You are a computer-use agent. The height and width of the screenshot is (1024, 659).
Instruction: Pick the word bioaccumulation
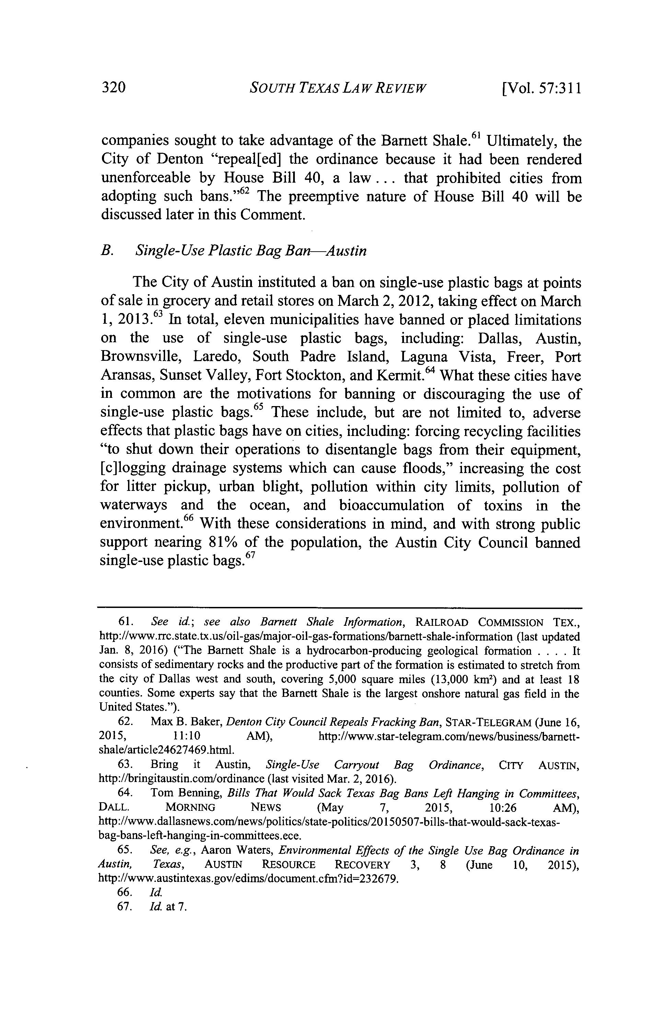point(391,505)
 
